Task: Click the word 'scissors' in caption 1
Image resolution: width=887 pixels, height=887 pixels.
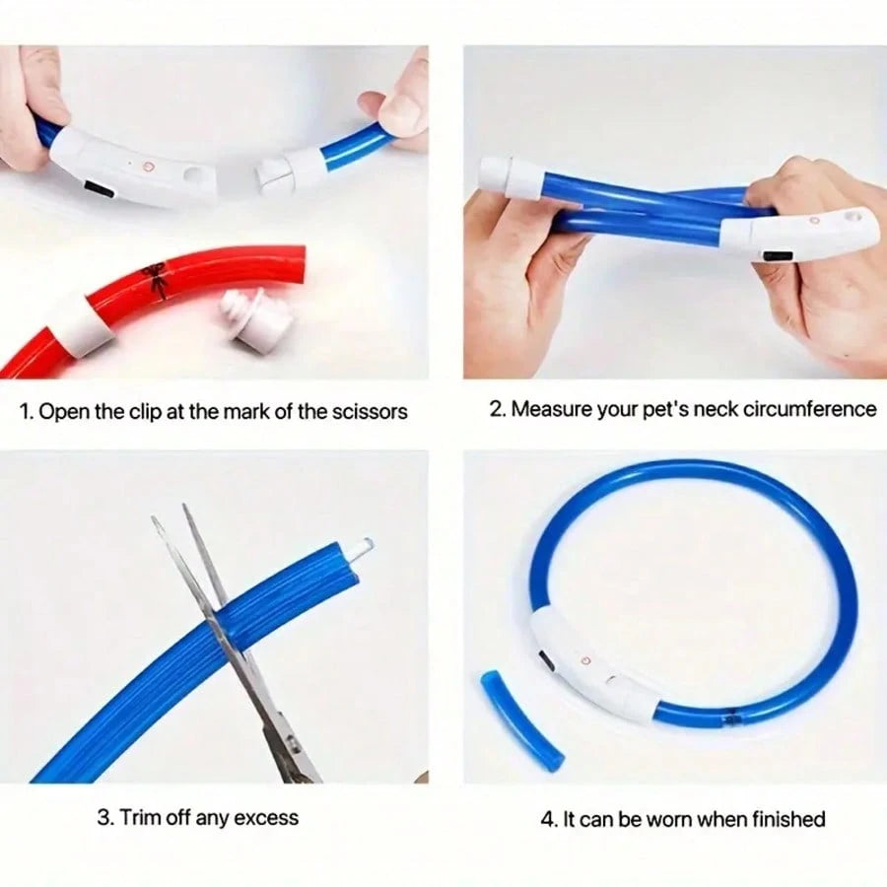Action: coord(369,412)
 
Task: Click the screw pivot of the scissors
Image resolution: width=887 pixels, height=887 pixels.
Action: coord(291,743)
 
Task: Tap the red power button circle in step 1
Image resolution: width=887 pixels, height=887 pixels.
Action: coord(148,167)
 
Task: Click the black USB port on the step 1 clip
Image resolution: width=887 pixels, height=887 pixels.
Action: coord(100,189)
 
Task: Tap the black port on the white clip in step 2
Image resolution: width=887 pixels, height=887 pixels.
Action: coord(779,256)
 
